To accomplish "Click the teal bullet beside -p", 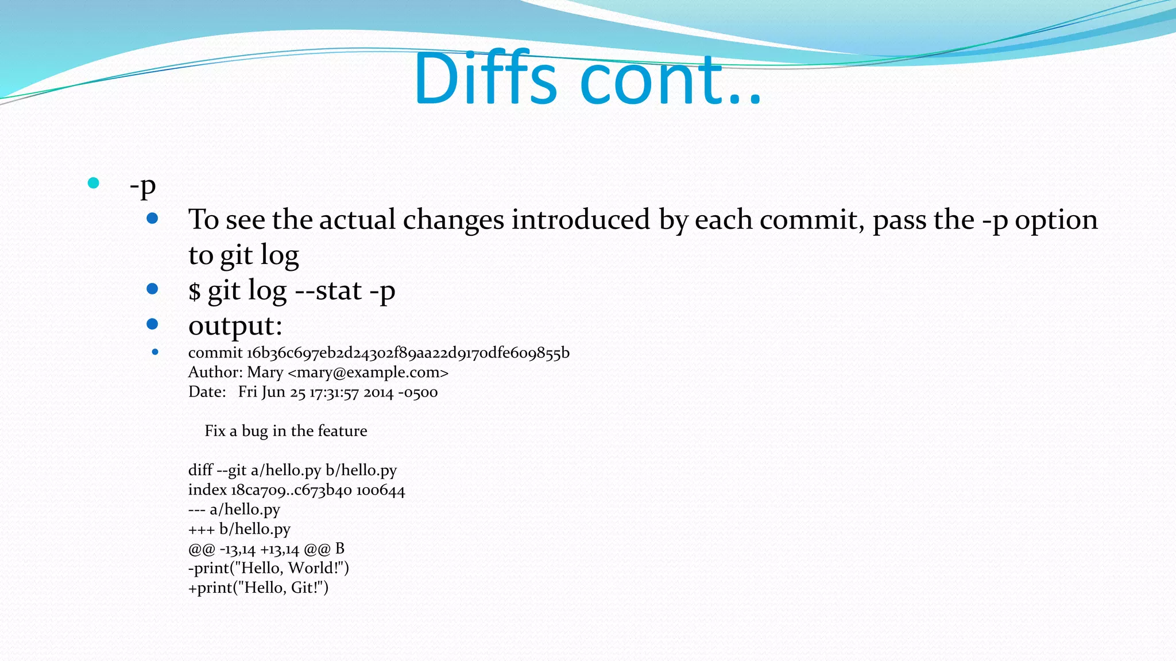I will tap(94, 183).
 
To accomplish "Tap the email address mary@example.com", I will tap(367, 372).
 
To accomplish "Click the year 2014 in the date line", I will tap(378, 392).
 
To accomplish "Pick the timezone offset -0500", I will tap(417, 392).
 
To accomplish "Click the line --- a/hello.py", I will tap(234, 510).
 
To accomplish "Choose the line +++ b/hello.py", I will tap(239, 529).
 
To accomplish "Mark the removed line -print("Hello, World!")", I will tap(268, 568).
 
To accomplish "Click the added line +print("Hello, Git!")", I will tap(258, 588).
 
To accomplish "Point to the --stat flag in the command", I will tap(328, 291).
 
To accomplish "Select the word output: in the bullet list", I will tap(235, 326).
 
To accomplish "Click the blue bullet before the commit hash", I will tap(155, 352).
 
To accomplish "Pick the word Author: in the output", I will tap(215, 372).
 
